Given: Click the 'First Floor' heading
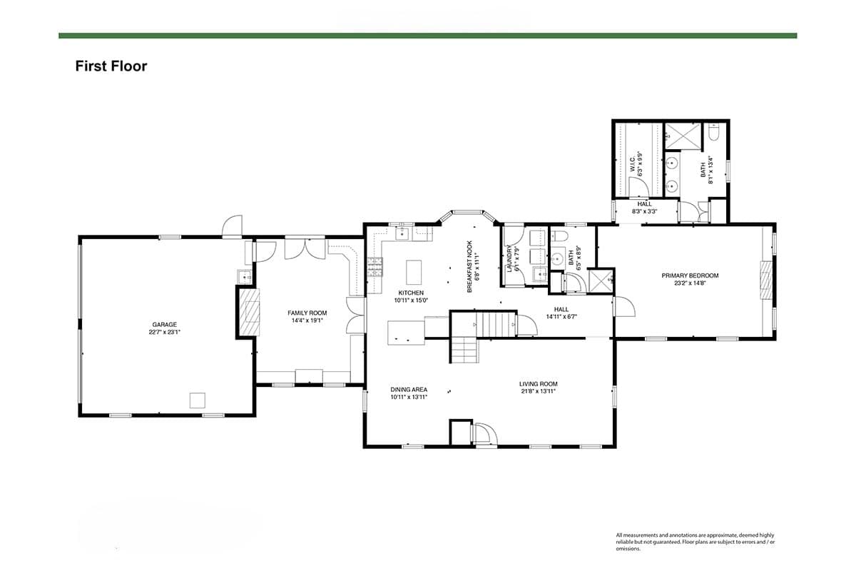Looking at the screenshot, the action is coord(111,66).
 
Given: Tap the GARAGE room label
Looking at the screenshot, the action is coord(164,325).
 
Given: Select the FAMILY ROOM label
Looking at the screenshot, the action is coord(307,313).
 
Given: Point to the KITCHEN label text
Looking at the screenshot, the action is coord(411,293).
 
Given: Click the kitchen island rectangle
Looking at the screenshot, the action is coord(414,272).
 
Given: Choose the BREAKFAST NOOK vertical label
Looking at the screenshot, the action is coord(469,266).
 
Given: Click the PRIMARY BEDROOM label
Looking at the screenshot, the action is coord(690,276).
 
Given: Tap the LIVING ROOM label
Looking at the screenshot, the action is coord(538,383).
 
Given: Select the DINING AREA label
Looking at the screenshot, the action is coord(409,389).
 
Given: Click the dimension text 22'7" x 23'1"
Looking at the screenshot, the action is coord(164,332).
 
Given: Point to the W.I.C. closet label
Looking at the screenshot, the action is coord(632,164).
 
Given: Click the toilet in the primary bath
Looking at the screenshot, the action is coord(713,132).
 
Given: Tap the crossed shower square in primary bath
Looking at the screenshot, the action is coord(683,136).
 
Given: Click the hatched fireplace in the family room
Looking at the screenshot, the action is coord(250,312).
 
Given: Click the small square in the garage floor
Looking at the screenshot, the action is coord(197,400).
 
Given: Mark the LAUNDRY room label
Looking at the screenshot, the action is coord(509,258).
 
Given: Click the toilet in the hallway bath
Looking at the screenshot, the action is coord(558,236).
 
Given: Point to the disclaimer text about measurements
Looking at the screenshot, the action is coord(695,542).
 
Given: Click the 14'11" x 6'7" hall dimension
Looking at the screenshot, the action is coord(561,316).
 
